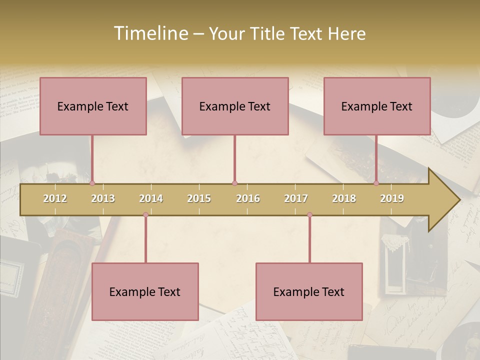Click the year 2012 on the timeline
[55, 198]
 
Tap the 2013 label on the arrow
[103, 198]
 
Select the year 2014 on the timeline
[151, 198]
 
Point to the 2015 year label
[199, 198]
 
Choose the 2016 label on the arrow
[248, 198]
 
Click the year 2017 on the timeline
[296, 198]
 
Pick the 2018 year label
[344, 198]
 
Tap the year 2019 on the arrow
[392, 198]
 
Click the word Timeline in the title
[150, 33]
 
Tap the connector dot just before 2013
[92, 183]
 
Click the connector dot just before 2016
[234, 183]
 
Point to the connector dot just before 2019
[376, 183]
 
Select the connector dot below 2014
[145, 214]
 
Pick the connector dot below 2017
[309, 214]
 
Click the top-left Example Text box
[93, 106]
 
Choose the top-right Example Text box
[377, 106]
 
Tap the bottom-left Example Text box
[145, 291]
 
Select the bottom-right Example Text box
[309, 291]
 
